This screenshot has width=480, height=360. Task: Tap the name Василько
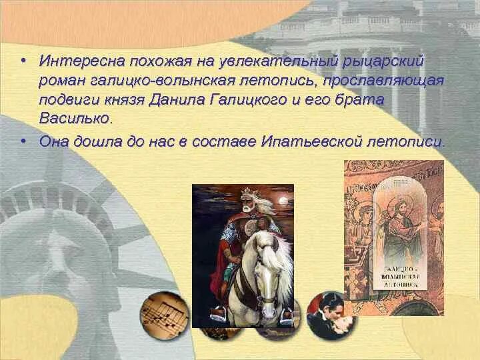(75, 119)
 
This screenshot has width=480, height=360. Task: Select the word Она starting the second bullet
(54, 141)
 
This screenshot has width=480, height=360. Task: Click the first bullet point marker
(23, 61)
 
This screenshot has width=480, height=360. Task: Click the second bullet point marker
(23, 141)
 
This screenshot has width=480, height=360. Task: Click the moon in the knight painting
(283, 199)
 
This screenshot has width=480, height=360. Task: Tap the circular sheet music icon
(164, 315)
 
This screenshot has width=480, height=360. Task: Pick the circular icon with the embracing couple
(331, 315)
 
